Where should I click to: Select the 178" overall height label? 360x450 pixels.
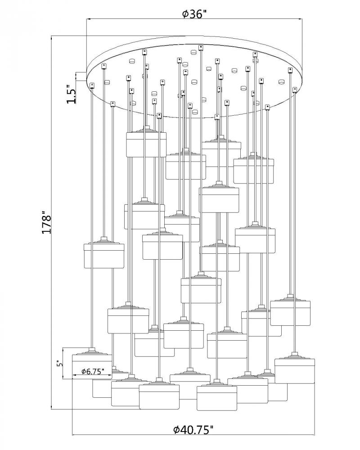47,222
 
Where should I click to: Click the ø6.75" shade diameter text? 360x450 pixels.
92,371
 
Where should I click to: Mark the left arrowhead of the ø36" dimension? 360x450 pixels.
88,19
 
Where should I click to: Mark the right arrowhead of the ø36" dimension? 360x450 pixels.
300,19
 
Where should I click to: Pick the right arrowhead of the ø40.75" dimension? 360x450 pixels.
313,434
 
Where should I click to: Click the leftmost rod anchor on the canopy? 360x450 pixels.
93,85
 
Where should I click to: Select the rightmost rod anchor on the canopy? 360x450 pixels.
295,89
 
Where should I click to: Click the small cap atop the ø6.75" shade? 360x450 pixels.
92,350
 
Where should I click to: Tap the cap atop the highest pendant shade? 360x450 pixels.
146,129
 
